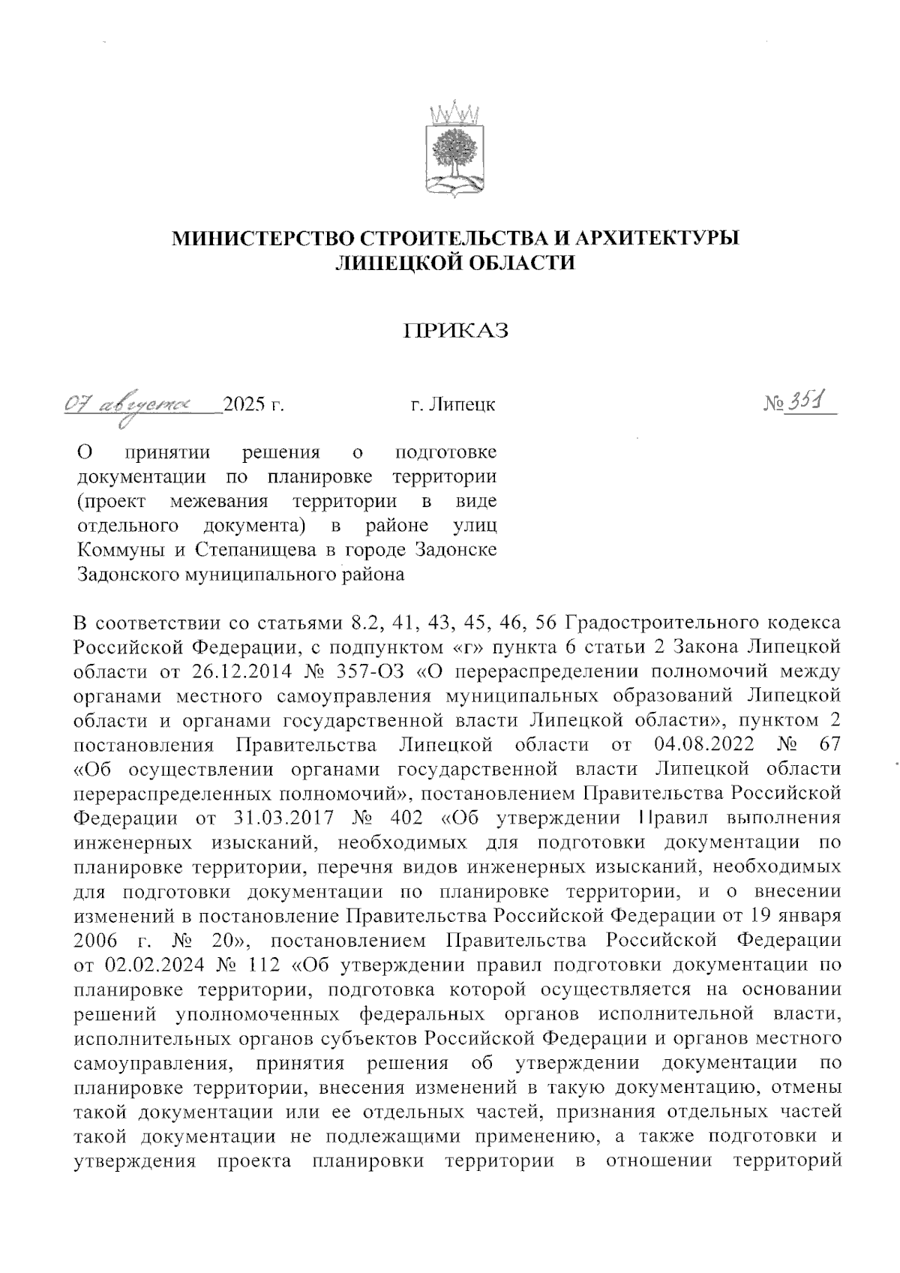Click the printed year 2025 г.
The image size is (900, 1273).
[x=255, y=406]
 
